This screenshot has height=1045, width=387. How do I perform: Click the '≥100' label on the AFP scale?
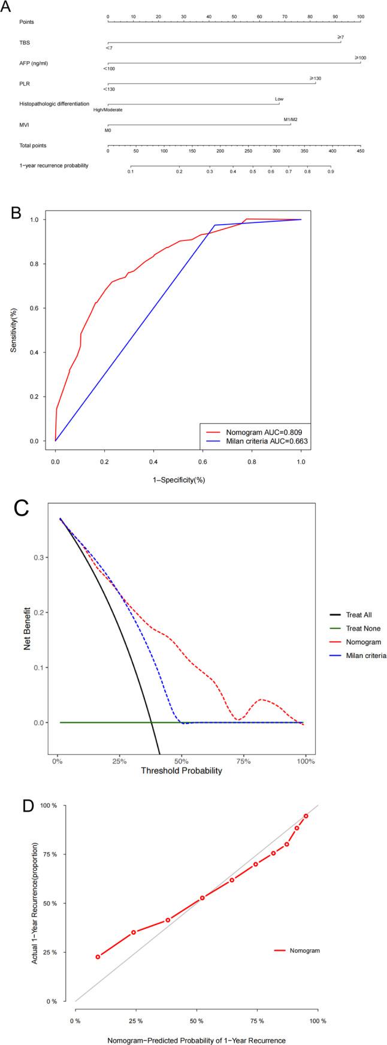360,58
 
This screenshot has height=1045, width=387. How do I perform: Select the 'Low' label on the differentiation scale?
279,99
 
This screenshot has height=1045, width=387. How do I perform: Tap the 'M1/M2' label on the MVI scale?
291,119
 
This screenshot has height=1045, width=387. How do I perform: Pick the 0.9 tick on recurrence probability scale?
330,171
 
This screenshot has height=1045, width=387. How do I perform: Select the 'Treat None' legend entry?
363,629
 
